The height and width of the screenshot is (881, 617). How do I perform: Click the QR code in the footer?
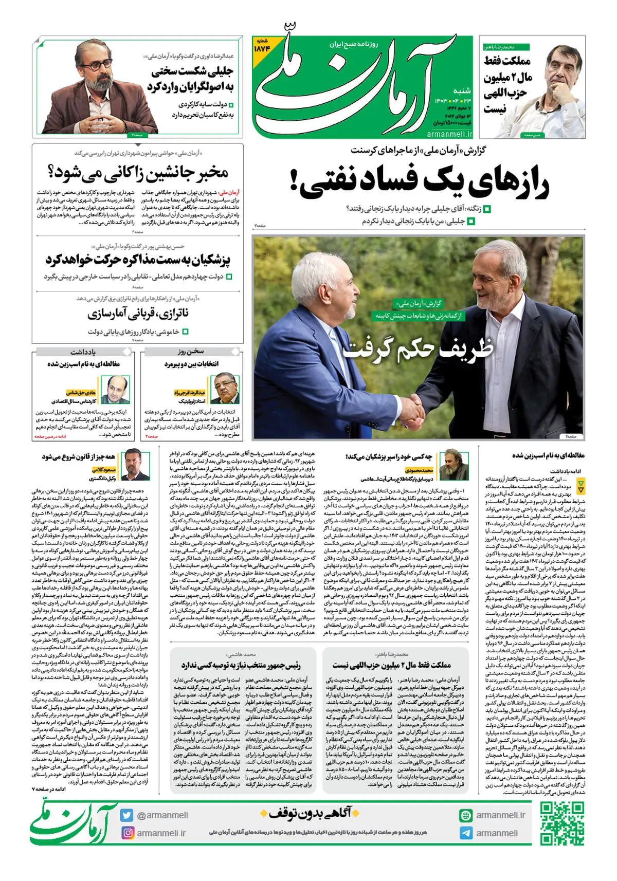pyautogui.click(x=562, y=823)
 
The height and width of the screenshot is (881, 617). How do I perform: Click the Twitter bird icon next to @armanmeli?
pyautogui.click(x=127, y=815)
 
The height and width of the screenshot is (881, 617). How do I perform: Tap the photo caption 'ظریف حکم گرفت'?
pyautogui.click(x=418, y=349)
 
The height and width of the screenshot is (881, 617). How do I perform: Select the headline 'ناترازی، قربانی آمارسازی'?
pyautogui.click(x=138, y=313)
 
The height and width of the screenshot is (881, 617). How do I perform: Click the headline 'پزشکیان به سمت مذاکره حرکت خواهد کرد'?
pyautogui.click(x=138, y=260)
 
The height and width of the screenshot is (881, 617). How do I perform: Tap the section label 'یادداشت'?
pyautogui.click(x=83, y=352)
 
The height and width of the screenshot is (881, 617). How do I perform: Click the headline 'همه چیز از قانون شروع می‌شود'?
pyautogui.click(x=79, y=456)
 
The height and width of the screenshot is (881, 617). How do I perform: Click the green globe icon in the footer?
pyautogui.click(x=466, y=815)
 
